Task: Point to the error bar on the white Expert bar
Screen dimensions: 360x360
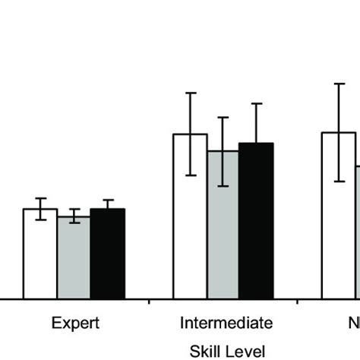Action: tap(40, 209)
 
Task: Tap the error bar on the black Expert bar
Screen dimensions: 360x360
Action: tap(107, 208)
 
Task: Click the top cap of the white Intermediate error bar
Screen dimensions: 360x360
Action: tap(190, 93)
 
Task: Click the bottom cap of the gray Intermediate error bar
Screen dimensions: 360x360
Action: tap(223, 186)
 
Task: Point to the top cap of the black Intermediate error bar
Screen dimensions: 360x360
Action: tap(256, 104)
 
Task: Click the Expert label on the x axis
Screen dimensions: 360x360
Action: tap(74, 323)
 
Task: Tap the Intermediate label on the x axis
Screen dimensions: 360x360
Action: tap(226, 323)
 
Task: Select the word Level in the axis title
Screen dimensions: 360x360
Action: tap(245, 351)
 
